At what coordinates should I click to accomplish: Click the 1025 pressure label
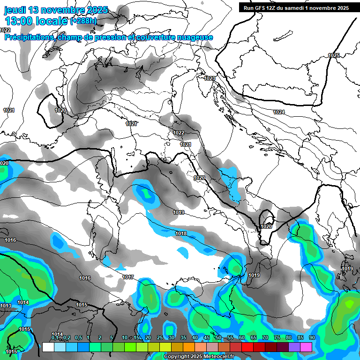coord(333,55)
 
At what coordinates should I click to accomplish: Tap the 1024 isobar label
coord(279,112)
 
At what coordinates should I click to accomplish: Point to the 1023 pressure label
coord(210,78)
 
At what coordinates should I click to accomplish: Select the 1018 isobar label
coord(181,233)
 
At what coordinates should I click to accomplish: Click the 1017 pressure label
coord(128,277)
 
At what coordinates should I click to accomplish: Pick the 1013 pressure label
coord(6,306)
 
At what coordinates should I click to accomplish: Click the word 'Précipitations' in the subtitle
coord(29,37)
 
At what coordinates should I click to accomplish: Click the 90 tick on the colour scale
coord(312,338)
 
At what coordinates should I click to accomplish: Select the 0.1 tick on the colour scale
coord(55,338)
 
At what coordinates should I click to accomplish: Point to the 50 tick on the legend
coord(218,338)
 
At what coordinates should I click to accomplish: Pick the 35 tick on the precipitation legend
coord(183,338)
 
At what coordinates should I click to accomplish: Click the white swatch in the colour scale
coord(48,347)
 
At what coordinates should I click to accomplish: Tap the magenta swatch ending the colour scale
coord(306,347)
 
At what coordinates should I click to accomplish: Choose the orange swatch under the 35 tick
coord(188,347)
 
